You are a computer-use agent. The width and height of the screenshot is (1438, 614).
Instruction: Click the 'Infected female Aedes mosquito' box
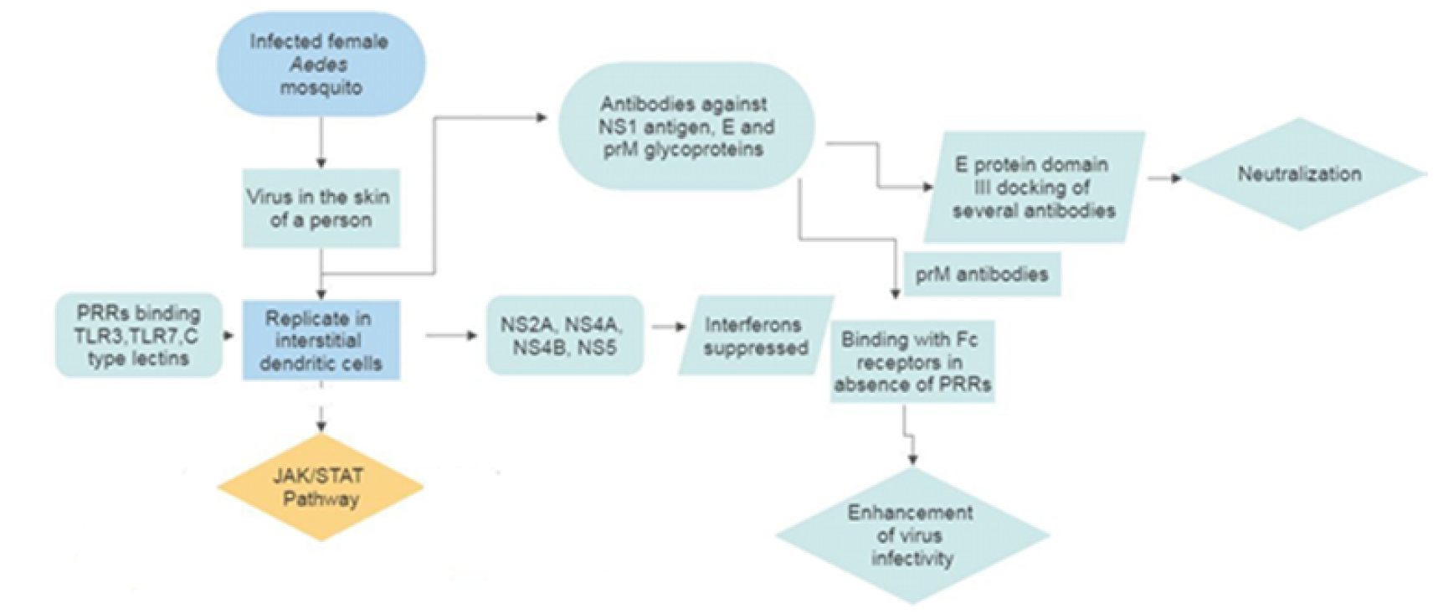click(x=321, y=64)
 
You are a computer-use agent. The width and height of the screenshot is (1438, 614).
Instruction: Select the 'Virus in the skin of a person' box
click(x=321, y=209)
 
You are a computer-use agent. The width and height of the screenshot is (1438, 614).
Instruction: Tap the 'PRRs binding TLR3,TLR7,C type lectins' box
click(x=139, y=335)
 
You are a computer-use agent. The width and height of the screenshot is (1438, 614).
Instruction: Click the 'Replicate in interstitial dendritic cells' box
click(x=321, y=340)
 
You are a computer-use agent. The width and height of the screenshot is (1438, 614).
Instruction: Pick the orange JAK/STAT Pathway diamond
click(x=321, y=488)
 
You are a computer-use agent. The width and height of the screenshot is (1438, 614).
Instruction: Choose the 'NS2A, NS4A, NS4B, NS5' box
click(x=564, y=335)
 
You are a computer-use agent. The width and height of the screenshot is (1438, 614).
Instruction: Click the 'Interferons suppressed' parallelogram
click(x=755, y=335)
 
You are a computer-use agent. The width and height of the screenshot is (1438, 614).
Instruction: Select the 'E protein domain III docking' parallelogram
click(x=1035, y=187)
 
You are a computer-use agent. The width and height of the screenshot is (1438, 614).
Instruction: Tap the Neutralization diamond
click(x=1299, y=174)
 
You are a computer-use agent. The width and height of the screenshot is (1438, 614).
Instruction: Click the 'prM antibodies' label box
click(x=981, y=274)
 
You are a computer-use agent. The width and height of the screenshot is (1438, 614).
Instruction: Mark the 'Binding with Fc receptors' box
click(x=912, y=362)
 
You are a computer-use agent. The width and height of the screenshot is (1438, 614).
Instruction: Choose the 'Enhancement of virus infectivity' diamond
click(x=912, y=535)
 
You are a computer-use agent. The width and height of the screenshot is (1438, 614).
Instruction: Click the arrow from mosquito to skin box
click(x=321, y=142)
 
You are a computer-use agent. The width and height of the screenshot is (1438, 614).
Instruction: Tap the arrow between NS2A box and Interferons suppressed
click(x=668, y=326)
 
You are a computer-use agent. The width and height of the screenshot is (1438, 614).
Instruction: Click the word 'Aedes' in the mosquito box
click(x=319, y=64)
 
